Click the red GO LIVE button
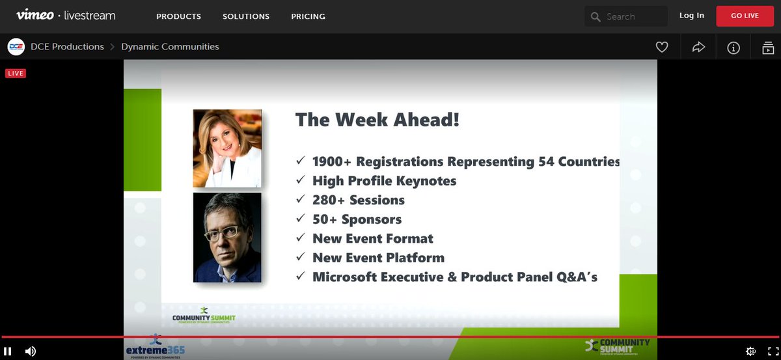[745, 16]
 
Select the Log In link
[691, 16]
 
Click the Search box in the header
[625, 16]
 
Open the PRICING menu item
[308, 16]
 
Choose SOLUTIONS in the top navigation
[246, 16]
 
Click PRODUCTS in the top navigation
[178, 16]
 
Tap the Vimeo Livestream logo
[65, 16]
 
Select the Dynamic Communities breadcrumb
[170, 47]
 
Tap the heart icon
[662, 47]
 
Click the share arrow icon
[698, 47]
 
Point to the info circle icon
[733, 48]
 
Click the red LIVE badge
[16, 74]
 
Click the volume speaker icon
[31, 351]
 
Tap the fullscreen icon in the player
[773, 351]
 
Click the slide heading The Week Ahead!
[377, 120]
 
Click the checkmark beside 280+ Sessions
[300, 200]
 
